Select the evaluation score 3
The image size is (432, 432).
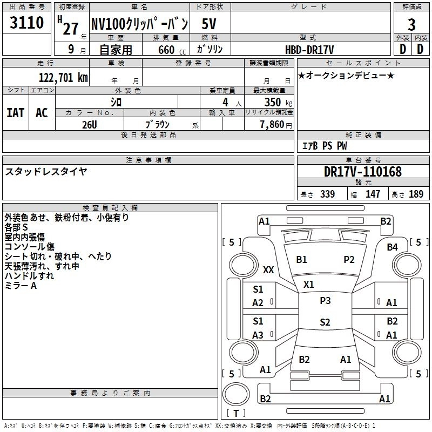click(x=411, y=24)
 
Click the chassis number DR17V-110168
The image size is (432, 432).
click(x=363, y=172)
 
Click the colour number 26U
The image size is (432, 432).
click(x=90, y=124)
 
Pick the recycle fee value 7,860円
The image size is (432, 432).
click(x=275, y=125)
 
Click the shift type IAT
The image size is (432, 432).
click(x=15, y=112)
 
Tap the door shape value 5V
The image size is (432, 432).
click(x=211, y=24)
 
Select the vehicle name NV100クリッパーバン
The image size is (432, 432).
click(x=139, y=24)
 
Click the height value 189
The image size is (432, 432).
click(x=416, y=194)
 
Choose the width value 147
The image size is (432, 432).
click(x=373, y=194)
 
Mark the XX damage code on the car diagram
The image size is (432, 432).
click(x=268, y=269)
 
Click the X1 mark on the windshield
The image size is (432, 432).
click(x=309, y=284)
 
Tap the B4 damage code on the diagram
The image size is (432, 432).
click(x=393, y=247)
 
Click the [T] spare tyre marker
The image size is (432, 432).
click(x=235, y=414)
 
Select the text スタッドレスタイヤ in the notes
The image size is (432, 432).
click(x=46, y=171)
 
